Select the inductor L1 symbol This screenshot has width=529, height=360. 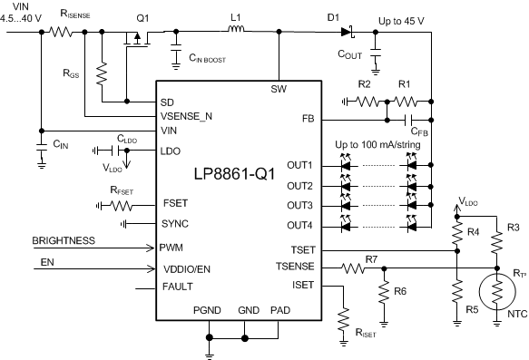(237, 34)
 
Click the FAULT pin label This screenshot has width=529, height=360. (176, 287)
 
